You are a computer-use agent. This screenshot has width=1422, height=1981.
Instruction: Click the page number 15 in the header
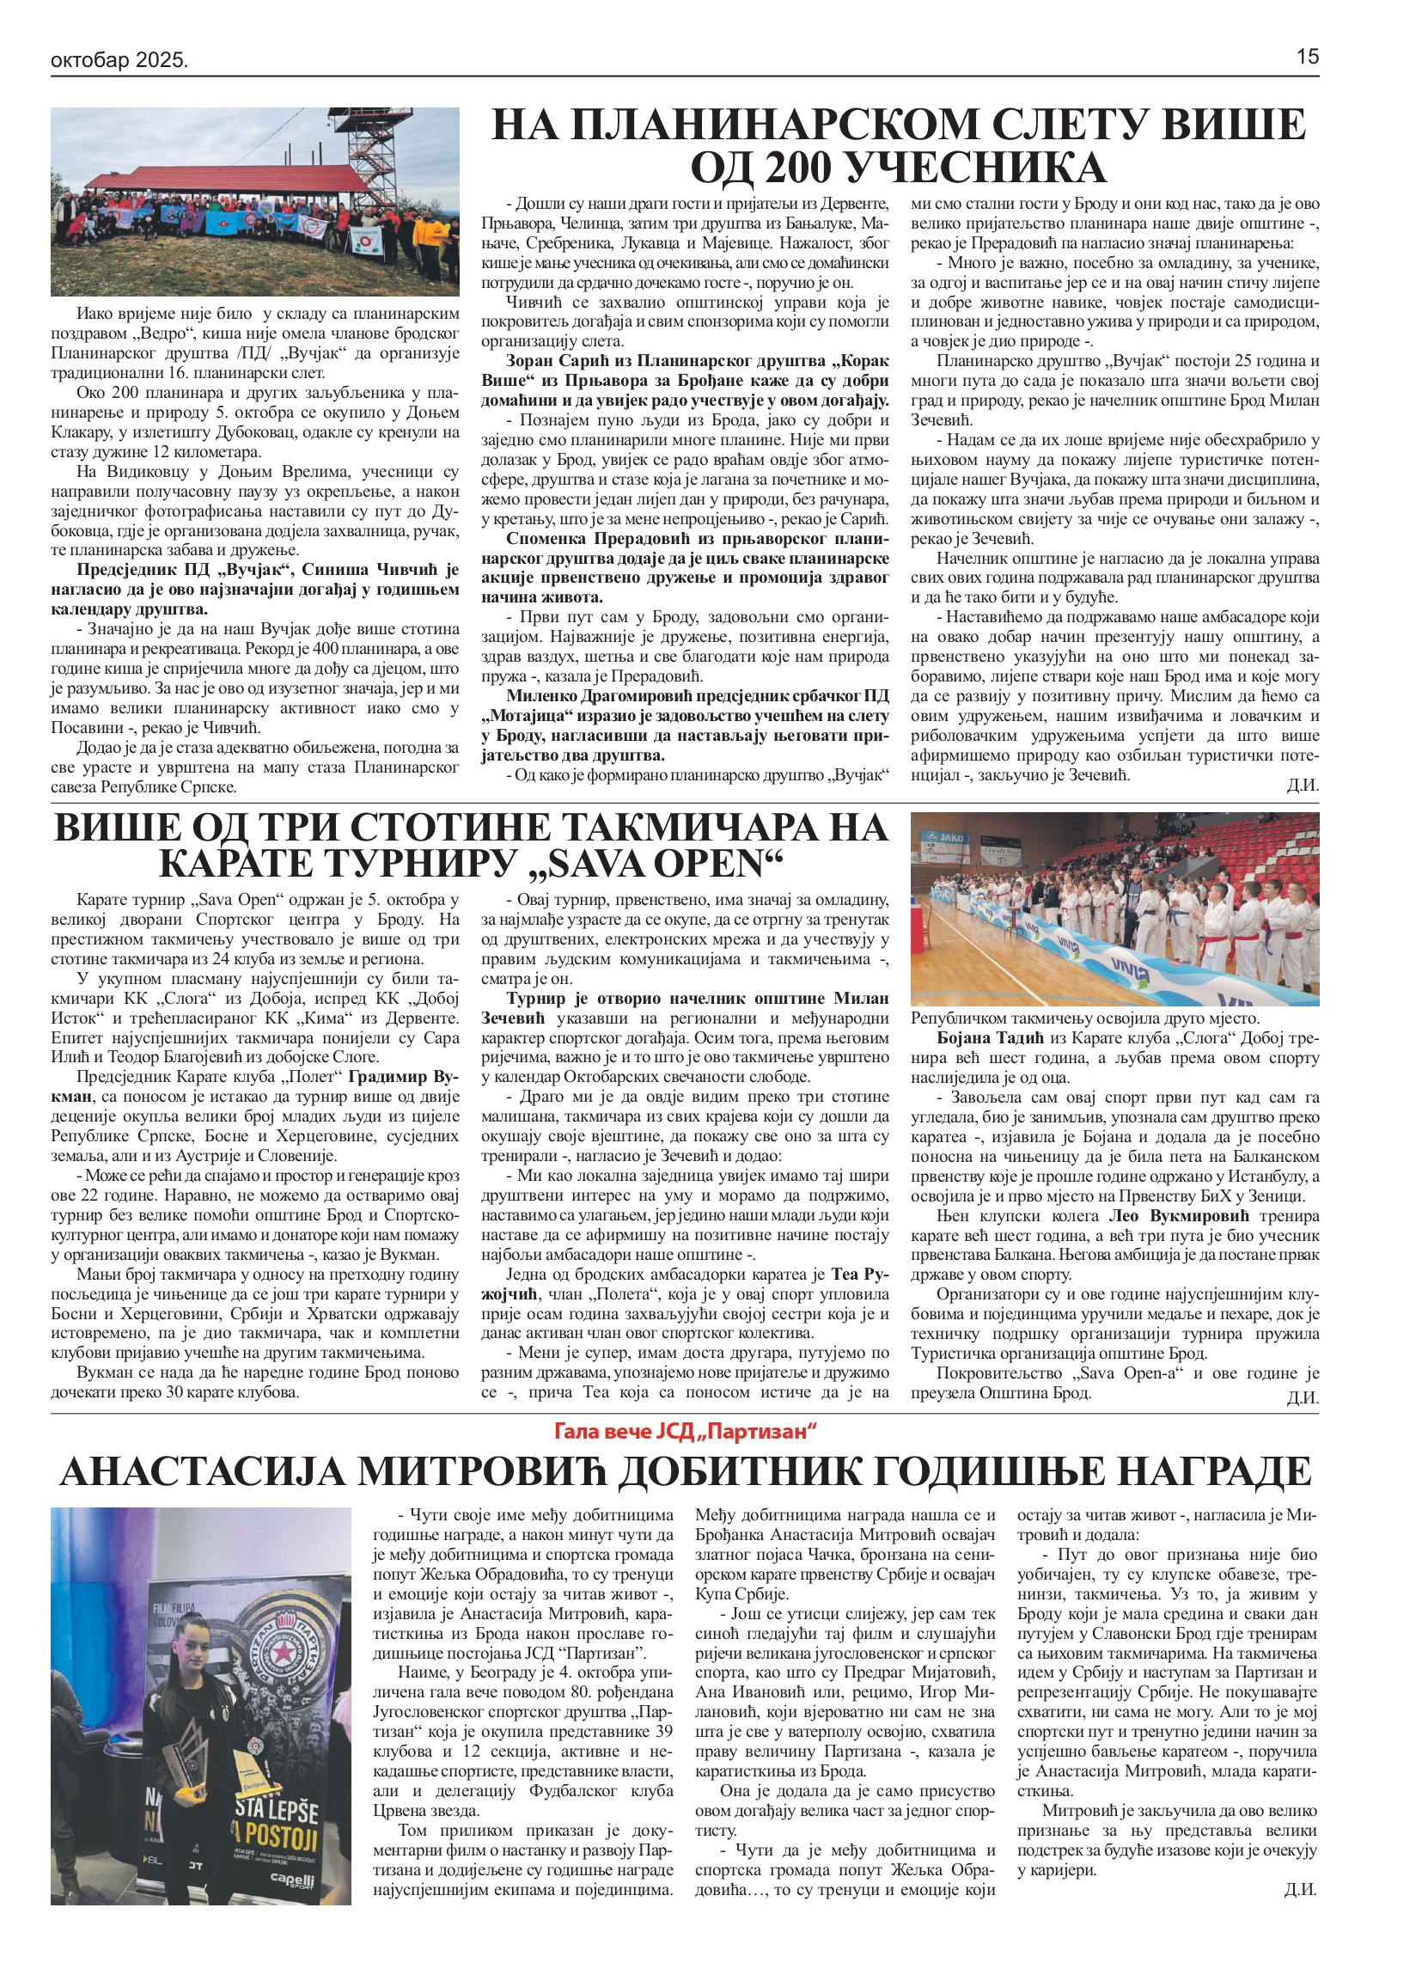point(1307,58)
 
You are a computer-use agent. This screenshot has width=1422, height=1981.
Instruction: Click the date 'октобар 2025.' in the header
point(119,60)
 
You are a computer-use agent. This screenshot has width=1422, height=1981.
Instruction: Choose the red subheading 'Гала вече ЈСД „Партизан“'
point(685,1431)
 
